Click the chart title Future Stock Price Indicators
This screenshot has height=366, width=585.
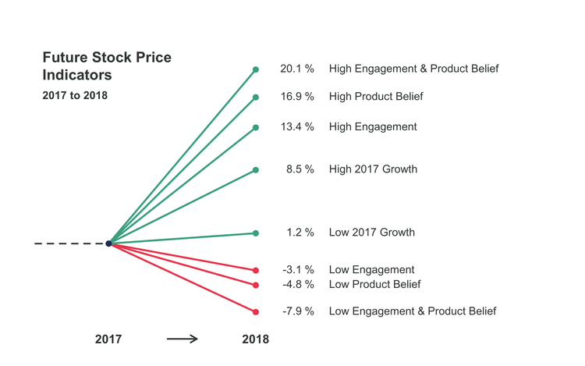tap(107, 66)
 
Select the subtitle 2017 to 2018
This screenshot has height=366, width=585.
tap(74, 96)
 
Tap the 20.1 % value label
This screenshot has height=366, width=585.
tap(297, 69)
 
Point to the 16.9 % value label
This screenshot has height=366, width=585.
tap(297, 97)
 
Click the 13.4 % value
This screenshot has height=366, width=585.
tap(297, 126)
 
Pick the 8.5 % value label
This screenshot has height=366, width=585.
tap(300, 169)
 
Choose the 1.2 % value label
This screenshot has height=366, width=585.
tap(300, 233)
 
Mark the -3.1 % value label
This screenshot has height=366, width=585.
tap(298, 270)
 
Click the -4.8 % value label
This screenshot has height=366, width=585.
tap(298, 284)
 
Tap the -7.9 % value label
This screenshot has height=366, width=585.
tap(298, 311)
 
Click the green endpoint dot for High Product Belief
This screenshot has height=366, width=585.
tap(256, 98)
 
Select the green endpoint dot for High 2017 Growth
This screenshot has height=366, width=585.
tap(256, 169)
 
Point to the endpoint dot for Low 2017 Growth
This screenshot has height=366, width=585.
tap(256, 233)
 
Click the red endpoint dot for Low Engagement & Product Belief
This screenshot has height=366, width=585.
tap(256, 312)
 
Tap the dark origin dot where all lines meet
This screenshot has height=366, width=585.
tap(108, 243)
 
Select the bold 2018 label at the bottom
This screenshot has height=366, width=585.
tap(255, 339)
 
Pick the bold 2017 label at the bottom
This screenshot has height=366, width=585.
tap(108, 339)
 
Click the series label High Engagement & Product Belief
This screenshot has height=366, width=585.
tap(413, 69)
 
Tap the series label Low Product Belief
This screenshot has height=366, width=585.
tap(374, 284)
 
